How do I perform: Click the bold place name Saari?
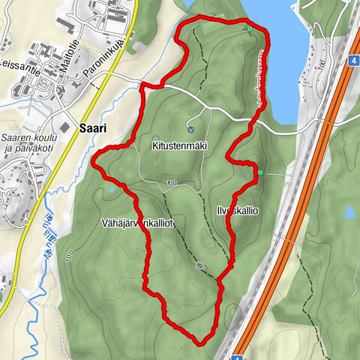pyautogui.click(x=91, y=128)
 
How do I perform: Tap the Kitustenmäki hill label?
pyautogui.click(x=178, y=145)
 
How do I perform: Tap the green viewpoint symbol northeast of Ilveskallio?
pyautogui.click(x=261, y=173)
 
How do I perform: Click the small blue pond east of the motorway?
pyautogui.click(x=349, y=213)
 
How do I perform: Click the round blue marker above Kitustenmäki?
pyautogui.click(x=190, y=127)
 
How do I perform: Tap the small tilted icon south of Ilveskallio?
pyautogui.click(x=199, y=265)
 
